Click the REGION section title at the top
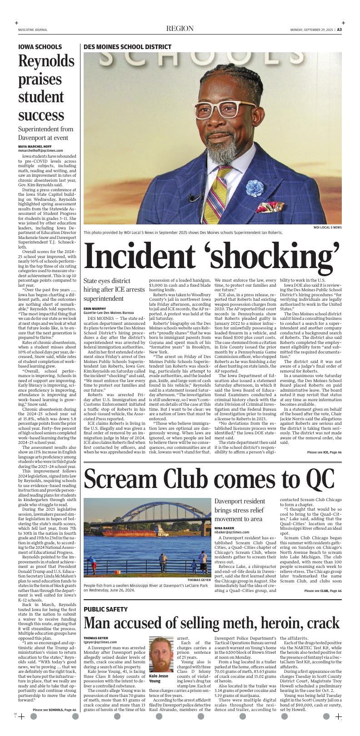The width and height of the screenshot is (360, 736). pos(180,29)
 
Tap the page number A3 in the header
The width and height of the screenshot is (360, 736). pos(339,30)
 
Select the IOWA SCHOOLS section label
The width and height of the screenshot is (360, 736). pos(40,47)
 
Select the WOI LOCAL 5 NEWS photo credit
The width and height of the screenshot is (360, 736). pos(327,228)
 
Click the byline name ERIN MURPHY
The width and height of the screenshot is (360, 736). pos(95,309)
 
